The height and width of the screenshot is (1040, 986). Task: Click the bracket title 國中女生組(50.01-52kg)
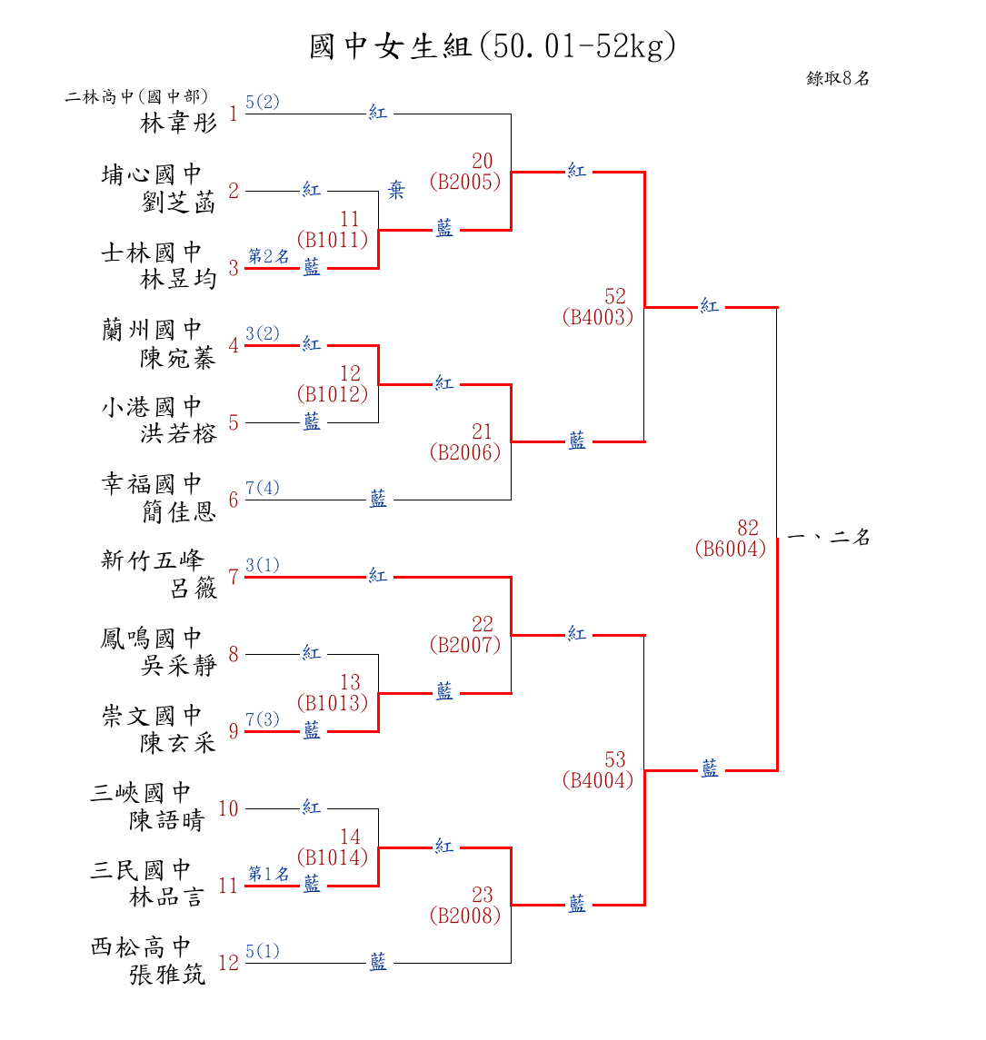tap(493, 46)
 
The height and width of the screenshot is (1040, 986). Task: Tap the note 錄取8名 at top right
tap(838, 78)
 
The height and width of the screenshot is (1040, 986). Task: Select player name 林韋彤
tap(179, 123)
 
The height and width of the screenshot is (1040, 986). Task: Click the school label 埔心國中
tap(152, 174)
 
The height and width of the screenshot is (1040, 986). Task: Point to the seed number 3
tap(234, 268)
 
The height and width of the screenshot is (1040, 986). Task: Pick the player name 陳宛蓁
tap(179, 359)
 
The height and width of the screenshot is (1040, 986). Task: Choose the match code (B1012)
tap(333, 394)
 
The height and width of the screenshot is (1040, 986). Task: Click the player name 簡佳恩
tap(179, 513)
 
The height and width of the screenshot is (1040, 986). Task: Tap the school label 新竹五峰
tap(152, 560)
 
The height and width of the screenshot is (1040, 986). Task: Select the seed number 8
tap(234, 654)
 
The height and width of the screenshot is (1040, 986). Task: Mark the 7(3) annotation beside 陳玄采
tap(263, 720)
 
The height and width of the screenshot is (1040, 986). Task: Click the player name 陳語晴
tap(167, 821)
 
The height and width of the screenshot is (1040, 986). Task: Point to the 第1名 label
tap(269, 874)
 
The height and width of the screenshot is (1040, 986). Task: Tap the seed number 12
tap(228, 963)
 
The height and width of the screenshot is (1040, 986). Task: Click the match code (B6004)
tap(731, 549)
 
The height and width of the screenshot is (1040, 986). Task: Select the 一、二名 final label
tap(829, 537)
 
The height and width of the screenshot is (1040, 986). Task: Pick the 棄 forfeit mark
tap(397, 191)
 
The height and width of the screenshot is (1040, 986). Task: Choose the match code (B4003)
tap(597, 317)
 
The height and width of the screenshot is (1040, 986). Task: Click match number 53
tap(615, 759)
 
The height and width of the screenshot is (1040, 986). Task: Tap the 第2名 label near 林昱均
tap(269, 256)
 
